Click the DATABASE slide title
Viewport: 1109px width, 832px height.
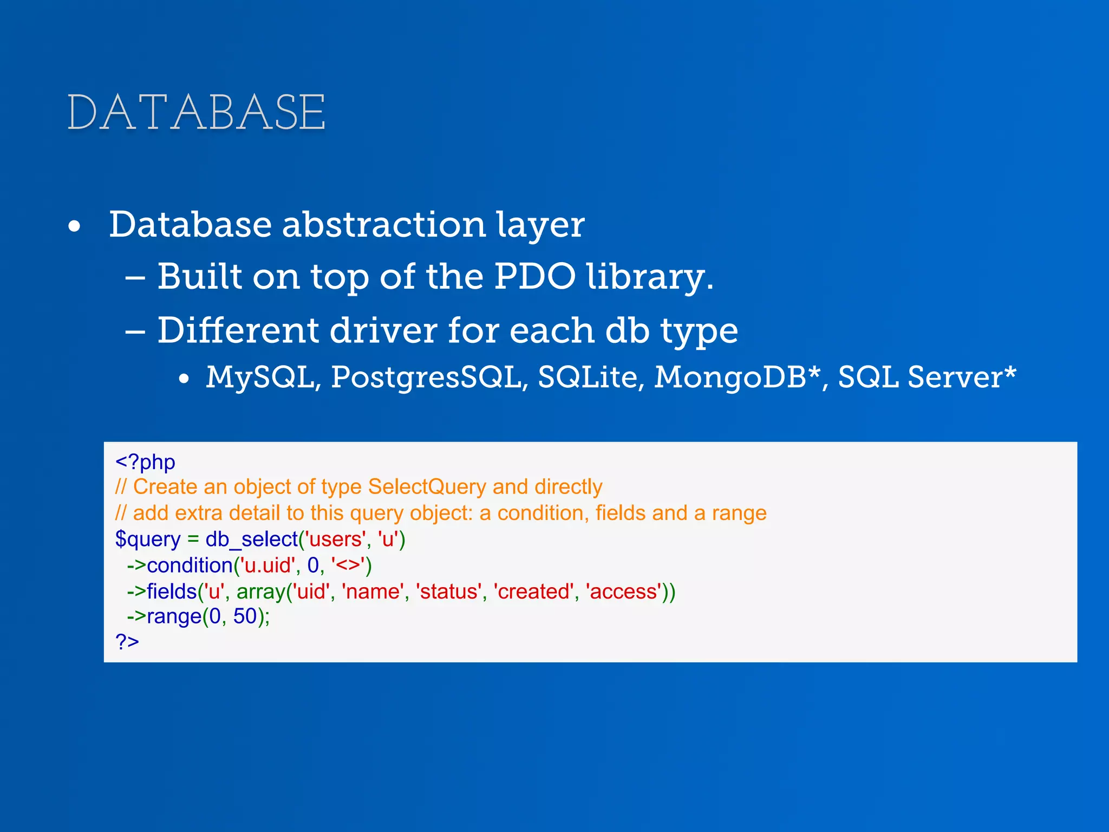196,112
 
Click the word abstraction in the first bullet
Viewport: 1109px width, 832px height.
383,224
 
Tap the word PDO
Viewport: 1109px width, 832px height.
534,276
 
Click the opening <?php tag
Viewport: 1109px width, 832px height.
145,462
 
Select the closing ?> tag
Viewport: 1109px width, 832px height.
127,641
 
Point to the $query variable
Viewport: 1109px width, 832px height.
147,539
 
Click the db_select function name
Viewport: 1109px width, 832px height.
251,539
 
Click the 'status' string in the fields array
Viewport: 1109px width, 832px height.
448,591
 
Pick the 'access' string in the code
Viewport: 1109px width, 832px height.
624,591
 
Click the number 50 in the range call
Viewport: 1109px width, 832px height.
245,616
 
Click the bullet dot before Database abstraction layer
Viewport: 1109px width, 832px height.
75,226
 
